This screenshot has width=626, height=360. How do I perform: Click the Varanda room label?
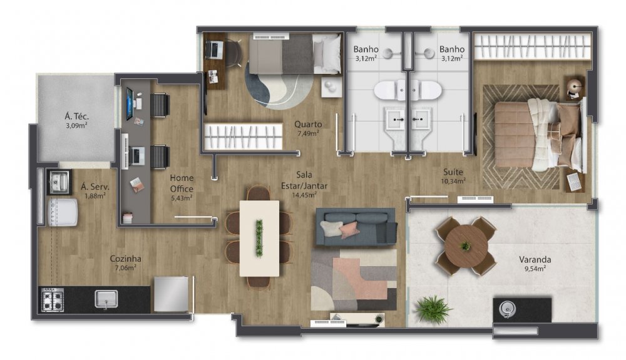(x=535, y=259)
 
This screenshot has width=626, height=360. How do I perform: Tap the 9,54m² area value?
(x=535, y=269)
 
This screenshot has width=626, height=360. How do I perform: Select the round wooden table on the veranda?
(x=466, y=245)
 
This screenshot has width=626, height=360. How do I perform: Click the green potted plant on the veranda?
(x=433, y=309)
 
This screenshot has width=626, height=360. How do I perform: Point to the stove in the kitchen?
(x=53, y=300)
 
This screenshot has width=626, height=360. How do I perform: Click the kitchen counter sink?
(x=106, y=299)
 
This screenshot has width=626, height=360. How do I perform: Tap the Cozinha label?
(x=125, y=259)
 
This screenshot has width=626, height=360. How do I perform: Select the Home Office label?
(x=182, y=183)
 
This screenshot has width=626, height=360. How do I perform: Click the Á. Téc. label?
(x=76, y=116)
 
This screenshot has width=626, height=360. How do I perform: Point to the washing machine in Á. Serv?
(x=63, y=212)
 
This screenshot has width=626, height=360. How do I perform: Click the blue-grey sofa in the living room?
(x=356, y=227)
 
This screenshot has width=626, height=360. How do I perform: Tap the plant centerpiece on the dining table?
(x=259, y=239)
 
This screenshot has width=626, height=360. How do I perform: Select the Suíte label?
(x=453, y=172)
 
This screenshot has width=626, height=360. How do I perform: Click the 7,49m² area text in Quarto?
(x=308, y=133)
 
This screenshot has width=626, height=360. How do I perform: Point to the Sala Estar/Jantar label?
(x=304, y=180)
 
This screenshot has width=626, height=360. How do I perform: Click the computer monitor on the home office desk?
(x=130, y=103)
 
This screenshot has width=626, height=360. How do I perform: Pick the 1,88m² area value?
(x=95, y=195)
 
